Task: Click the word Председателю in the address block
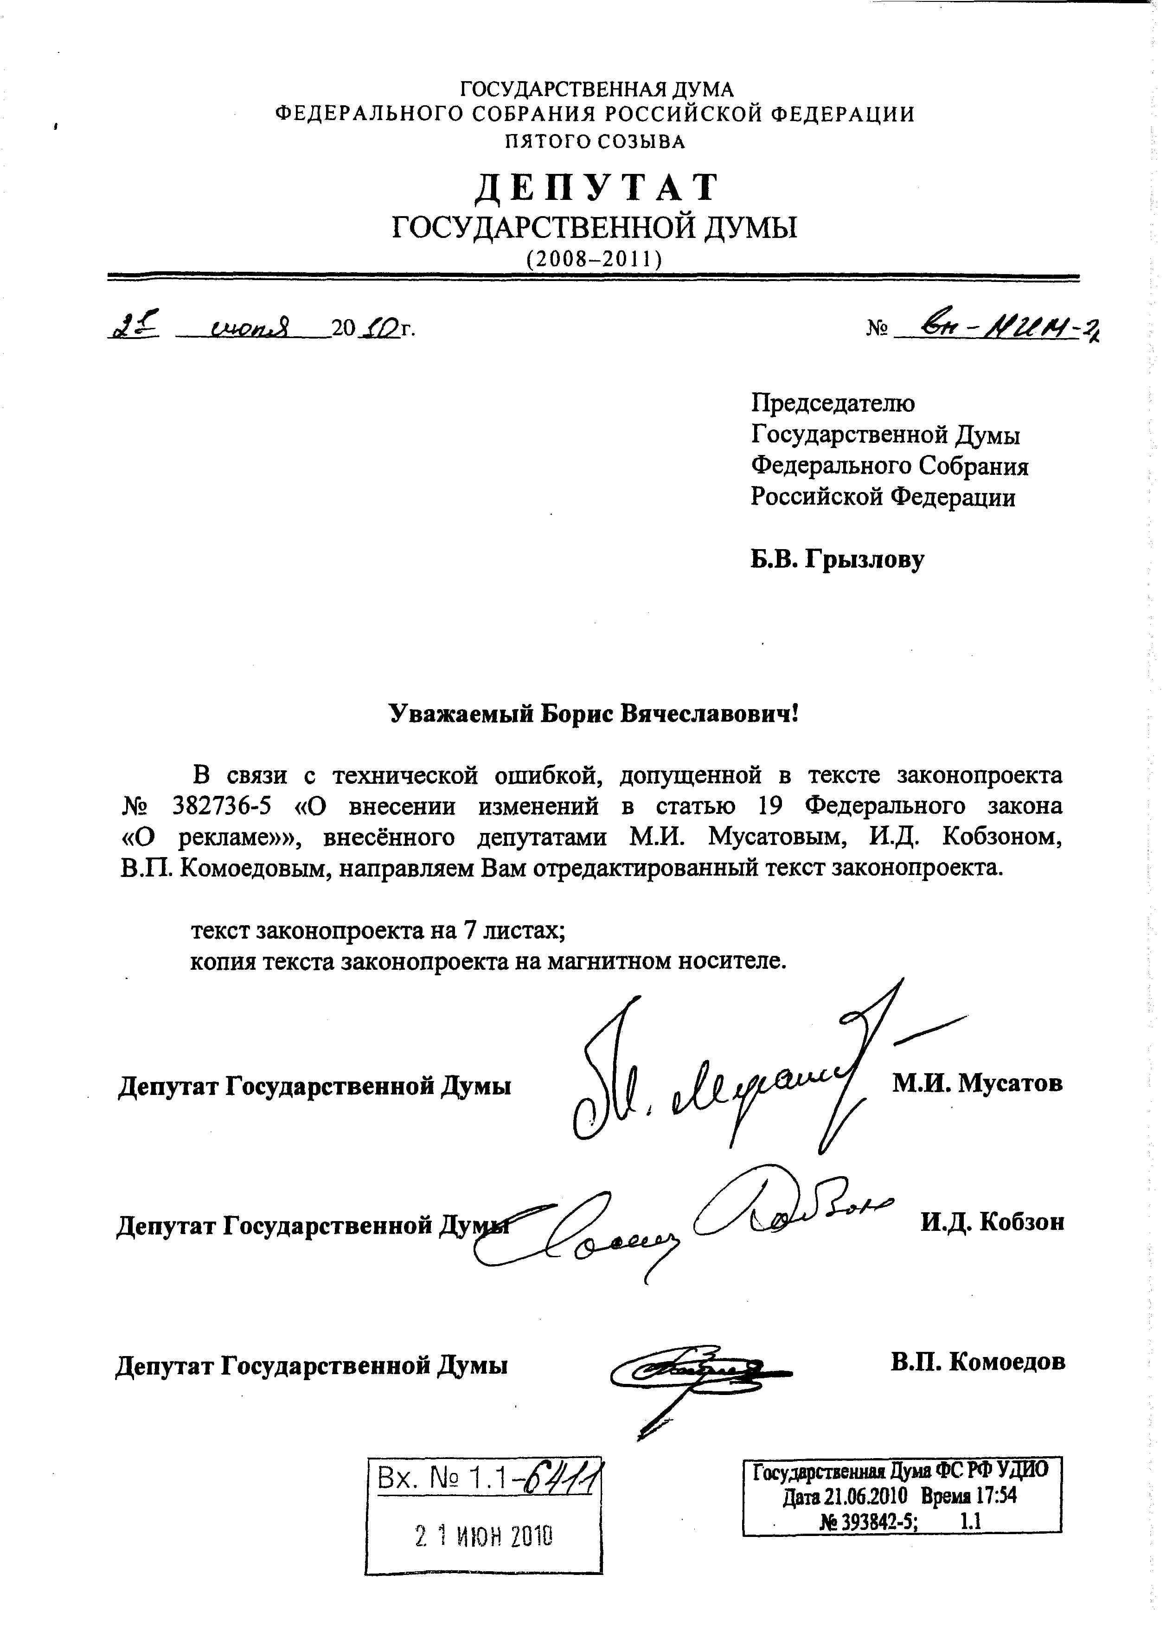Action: point(833,403)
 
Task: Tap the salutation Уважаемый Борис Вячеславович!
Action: point(593,714)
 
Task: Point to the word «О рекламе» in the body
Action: point(208,837)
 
